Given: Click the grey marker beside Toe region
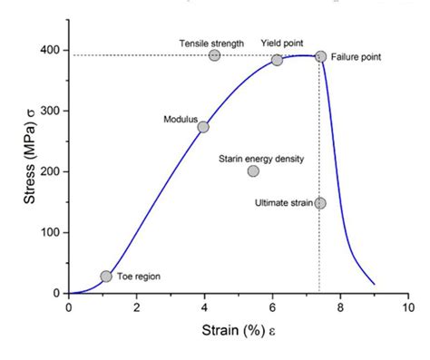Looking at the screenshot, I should click(106, 276).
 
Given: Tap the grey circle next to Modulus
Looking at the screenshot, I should click(203, 127).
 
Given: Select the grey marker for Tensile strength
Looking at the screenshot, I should click(214, 55).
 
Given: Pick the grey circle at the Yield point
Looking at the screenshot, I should click(277, 60).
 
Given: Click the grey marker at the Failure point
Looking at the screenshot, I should click(320, 56).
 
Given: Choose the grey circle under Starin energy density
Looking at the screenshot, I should click(253, 170).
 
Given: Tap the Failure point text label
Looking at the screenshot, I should click(357, 57).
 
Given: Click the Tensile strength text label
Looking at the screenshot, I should click(211, 42).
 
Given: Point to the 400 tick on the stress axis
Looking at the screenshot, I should click(51, 49).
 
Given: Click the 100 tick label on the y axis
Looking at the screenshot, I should click(51, 232).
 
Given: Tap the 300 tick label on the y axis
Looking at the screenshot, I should click(51, 111).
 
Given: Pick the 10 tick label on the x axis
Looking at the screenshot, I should click(407, 306).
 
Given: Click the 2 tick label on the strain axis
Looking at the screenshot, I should click(137, 306).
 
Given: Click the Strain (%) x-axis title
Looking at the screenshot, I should click(234, 331).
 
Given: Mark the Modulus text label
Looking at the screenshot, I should click(180, 120).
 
